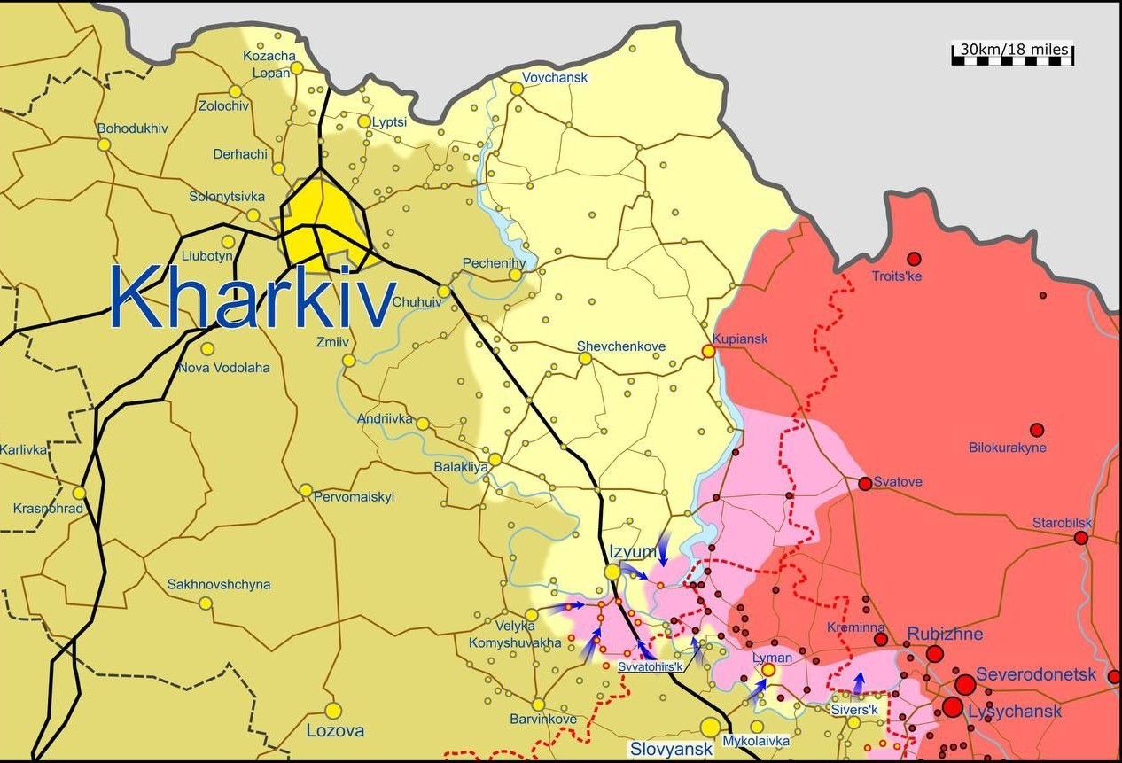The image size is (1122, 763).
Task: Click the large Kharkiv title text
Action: (x=253, y=299)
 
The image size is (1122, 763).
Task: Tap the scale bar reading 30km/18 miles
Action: (x=1012, y=52)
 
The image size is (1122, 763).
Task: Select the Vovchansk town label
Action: (x=555, y=77)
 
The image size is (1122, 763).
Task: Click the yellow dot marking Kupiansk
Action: (x=708, y=351)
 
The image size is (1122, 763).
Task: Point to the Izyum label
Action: (x=633, y=552)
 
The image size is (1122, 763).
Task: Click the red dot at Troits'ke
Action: (x=914, y=259)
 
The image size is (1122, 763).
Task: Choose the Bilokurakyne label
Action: (x=1007, y=448)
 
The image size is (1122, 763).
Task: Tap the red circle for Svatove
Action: (x=865, y=483)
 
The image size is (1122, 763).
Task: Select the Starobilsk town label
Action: (x=1062, y=523)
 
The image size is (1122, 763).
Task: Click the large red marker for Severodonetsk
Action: (x=965, y=684)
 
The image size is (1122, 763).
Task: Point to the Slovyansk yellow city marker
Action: (x=710, y=728)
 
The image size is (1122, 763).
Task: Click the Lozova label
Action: (x=335, y=731)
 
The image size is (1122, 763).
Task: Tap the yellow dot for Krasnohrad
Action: (x=79, y=493)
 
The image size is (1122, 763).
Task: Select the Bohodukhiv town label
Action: (x=132, y=128)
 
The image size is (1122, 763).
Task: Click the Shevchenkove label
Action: (x=620, y=346)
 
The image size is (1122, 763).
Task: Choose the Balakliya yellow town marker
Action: (x=495, y=459)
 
